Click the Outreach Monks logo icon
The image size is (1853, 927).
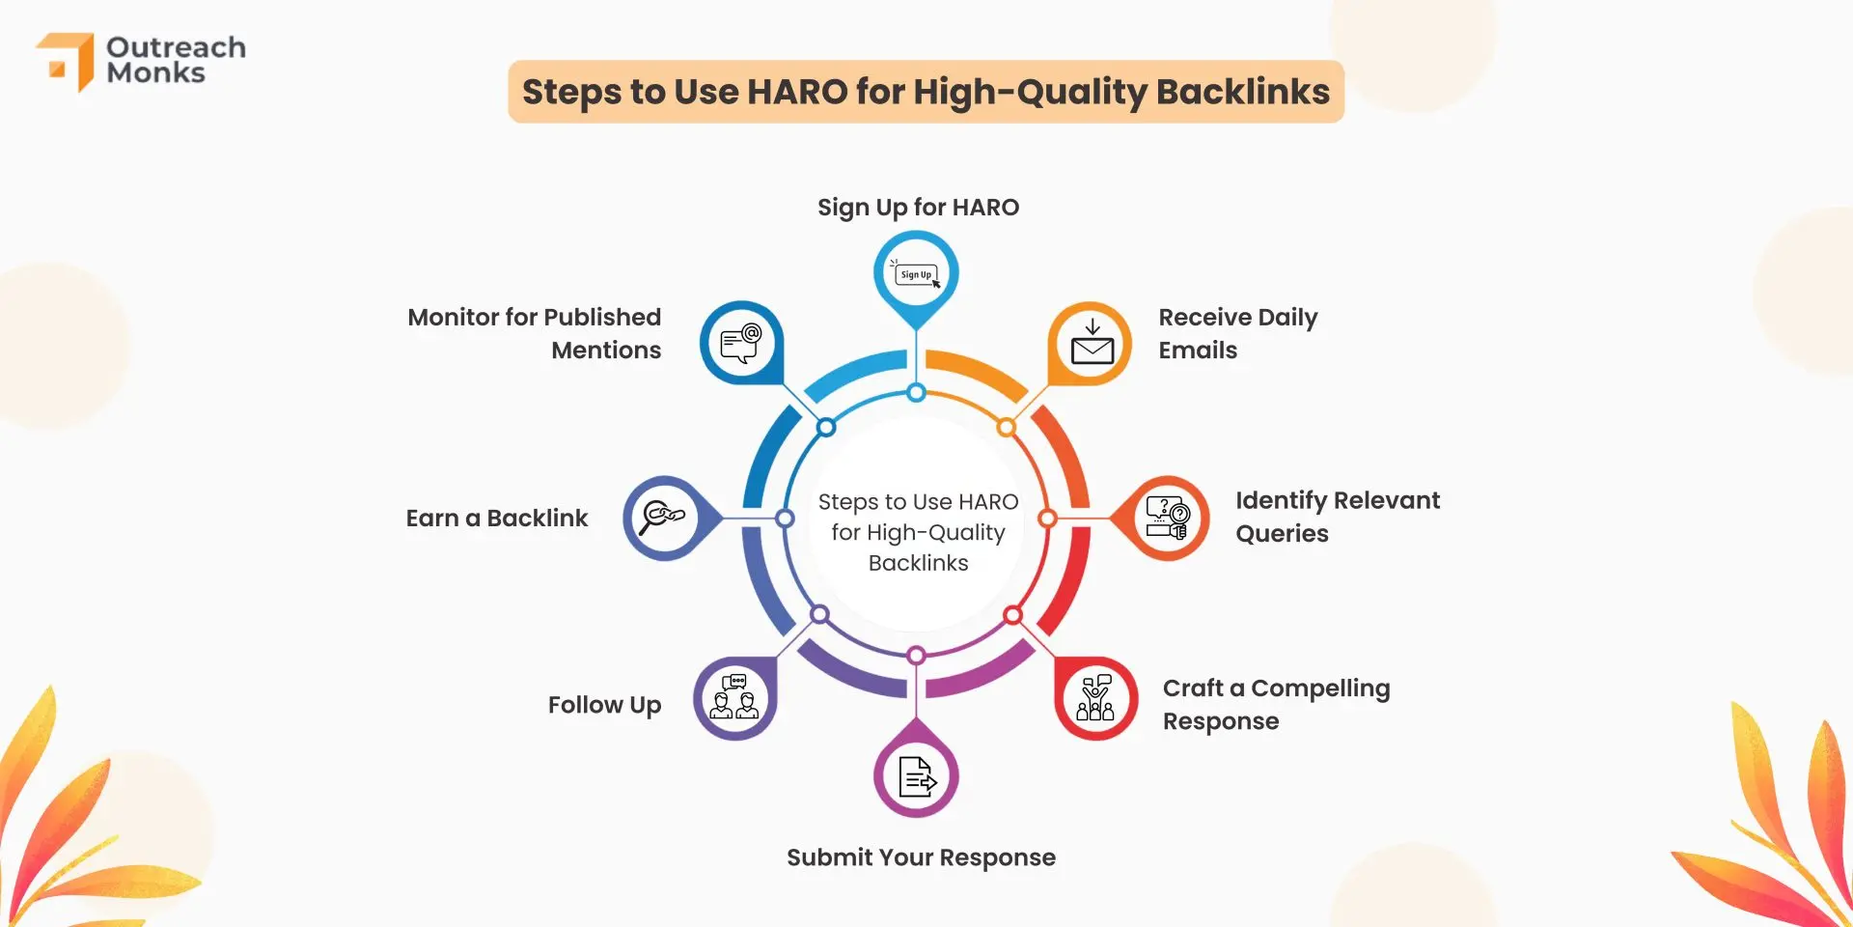pos(66,61)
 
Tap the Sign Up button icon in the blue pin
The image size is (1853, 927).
pos(916,274)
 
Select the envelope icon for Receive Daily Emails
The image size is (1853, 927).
pos(1092,344)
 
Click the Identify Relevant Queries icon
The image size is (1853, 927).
pos(1167,518)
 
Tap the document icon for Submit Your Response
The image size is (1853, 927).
pos(917,776)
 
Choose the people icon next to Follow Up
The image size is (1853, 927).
pos(734,698)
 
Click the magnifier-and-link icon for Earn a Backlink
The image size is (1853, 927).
pos(664,517)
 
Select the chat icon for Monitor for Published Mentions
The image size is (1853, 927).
pos(741,343)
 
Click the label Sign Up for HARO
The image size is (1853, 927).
pos(918,208)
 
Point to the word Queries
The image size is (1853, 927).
pos(1282,534)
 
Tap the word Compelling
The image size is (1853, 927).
pos(1320,688)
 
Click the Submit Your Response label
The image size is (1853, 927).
pos(921,857)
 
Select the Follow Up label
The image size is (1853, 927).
pos(604,705)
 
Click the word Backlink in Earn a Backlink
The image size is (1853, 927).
pos(537,519)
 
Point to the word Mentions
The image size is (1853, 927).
pos(606,351)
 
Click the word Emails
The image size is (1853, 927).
pos(1198,351)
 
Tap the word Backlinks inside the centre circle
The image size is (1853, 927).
pos(918,563)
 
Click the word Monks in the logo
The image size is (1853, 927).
pos(155,73)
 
